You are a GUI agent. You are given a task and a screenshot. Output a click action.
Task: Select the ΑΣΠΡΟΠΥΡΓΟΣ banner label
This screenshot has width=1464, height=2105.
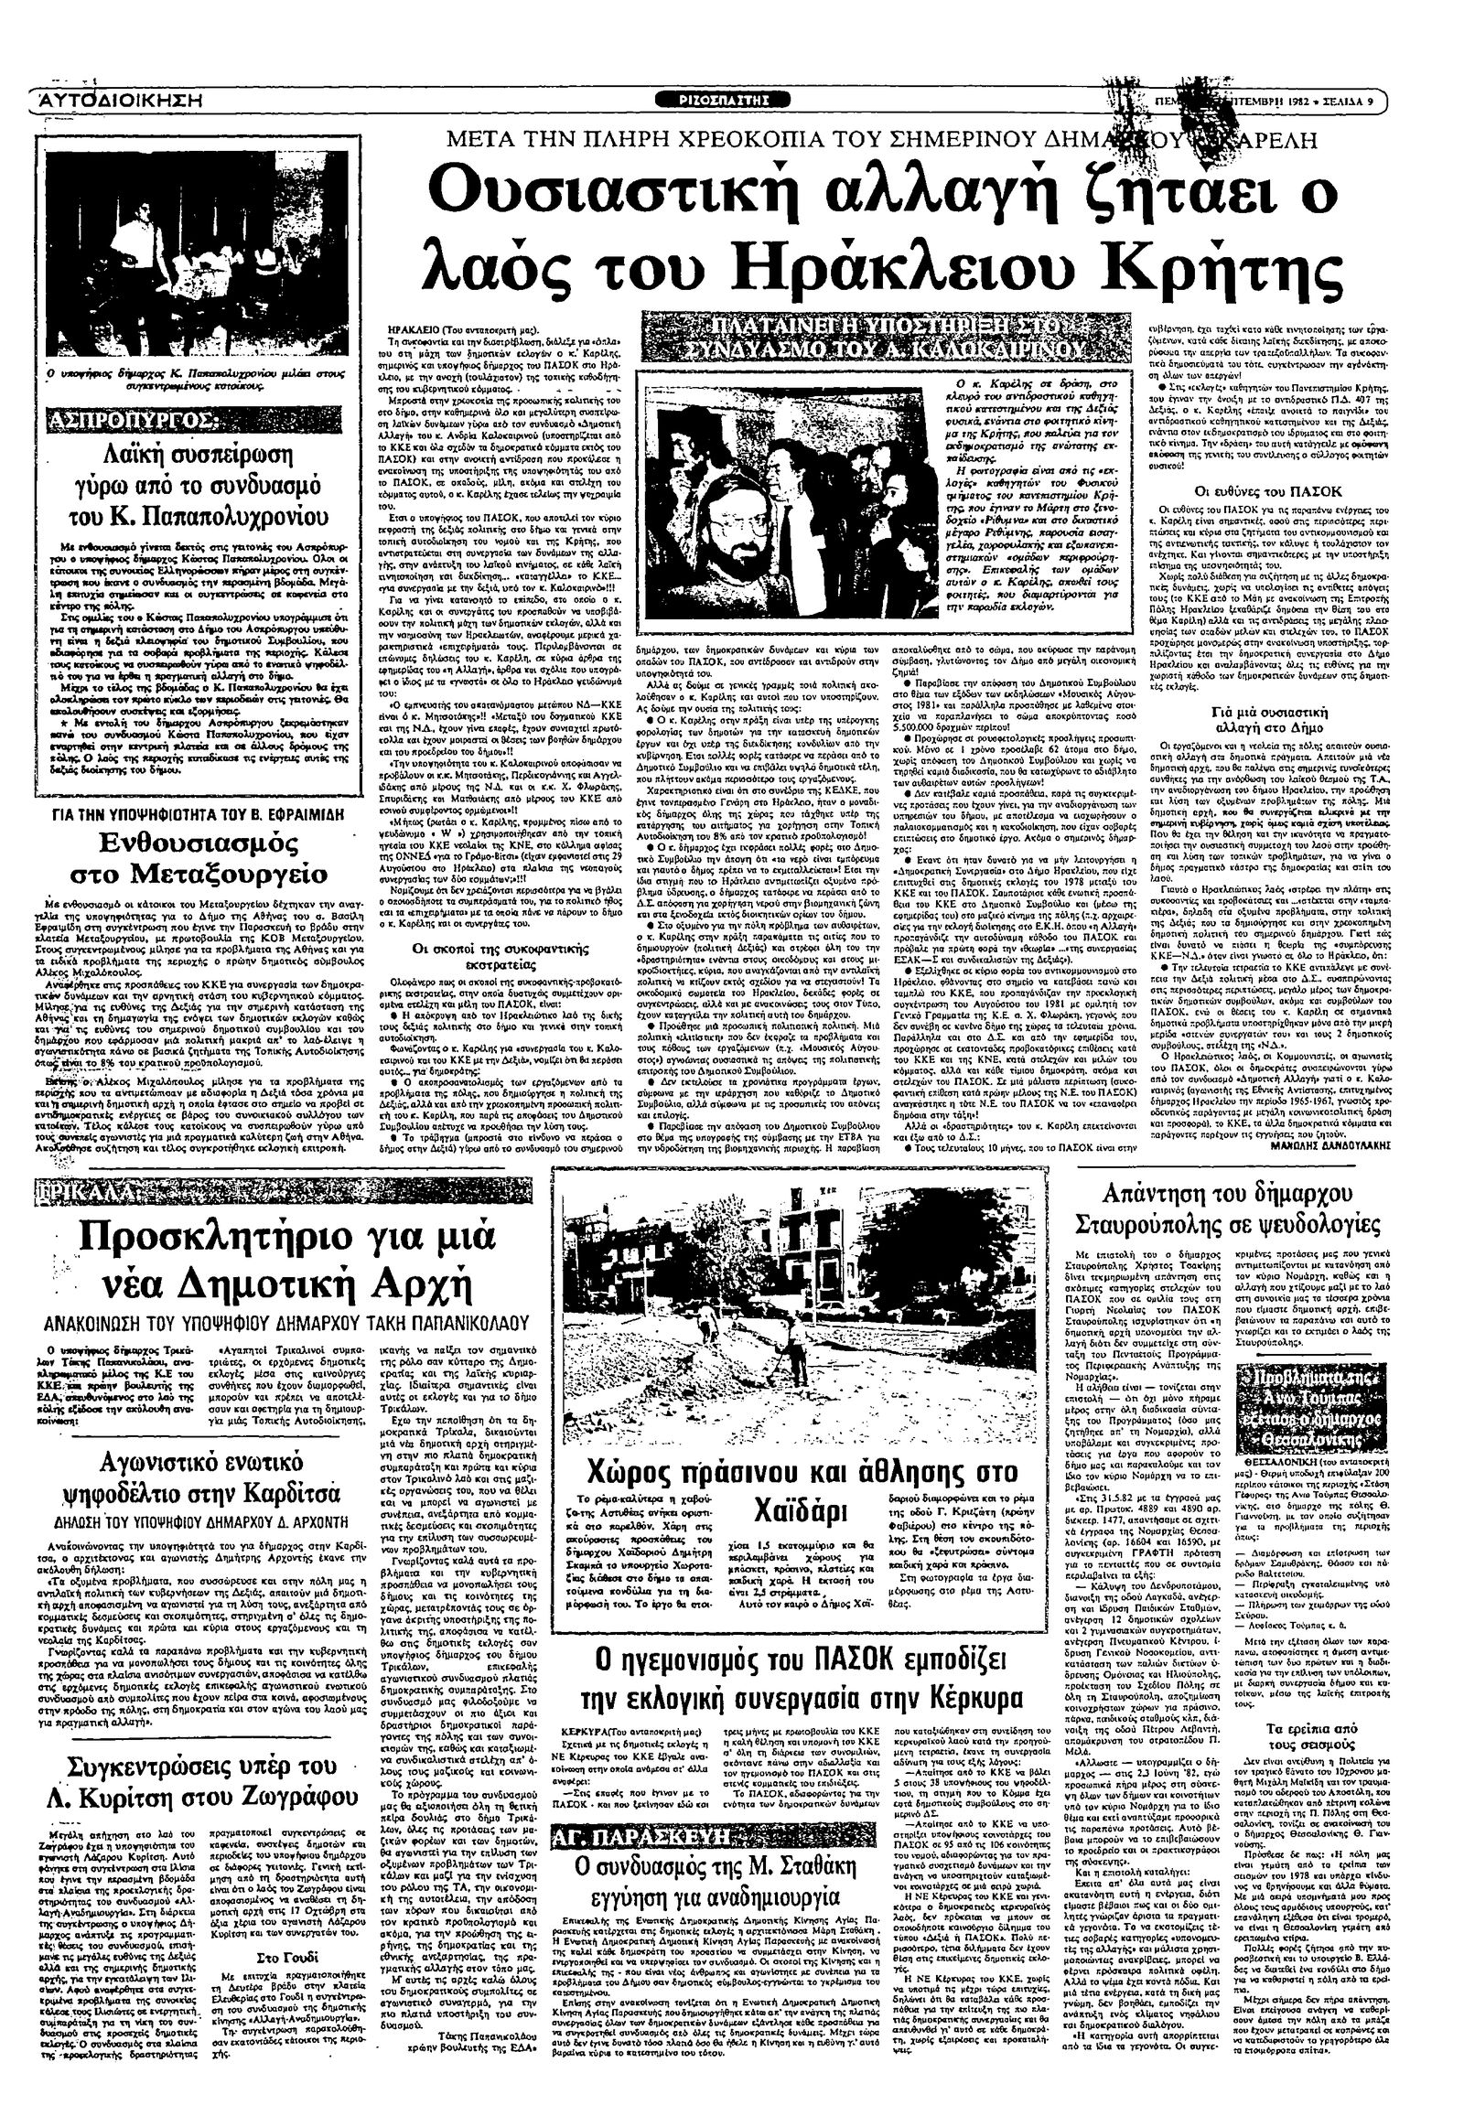[x=124, y=422]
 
